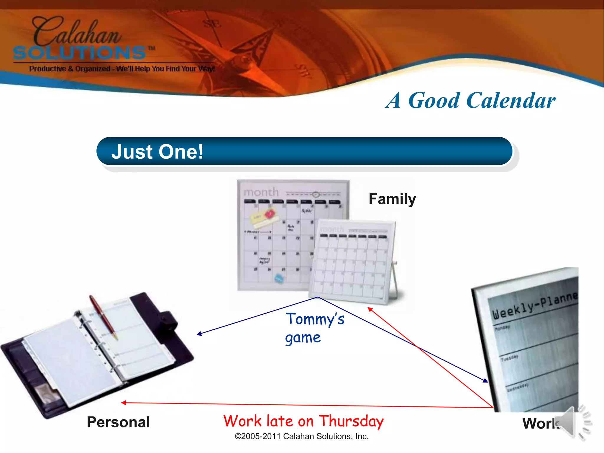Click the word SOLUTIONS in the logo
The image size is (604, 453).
[x=80, y=53]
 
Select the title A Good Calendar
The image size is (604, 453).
[x=470, y=101]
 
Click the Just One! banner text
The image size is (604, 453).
[x=157, y=152]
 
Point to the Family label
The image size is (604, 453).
[x=392, y=199]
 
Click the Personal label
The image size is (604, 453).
[x=118, y=422]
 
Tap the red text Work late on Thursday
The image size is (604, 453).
[x=303, y=421]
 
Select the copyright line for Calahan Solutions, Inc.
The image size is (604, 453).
[x=301, y=436]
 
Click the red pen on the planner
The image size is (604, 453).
[x=103, y=317]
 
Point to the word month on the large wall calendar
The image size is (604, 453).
[x=261, y=192]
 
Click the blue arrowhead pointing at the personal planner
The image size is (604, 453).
[x=199, y=334]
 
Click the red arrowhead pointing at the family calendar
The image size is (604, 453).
[x=370, y=309]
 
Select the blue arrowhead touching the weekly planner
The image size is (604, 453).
[x=485, y=381]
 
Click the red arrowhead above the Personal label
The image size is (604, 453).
[x=124, y=403]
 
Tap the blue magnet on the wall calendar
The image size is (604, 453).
[x=279, y=278]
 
